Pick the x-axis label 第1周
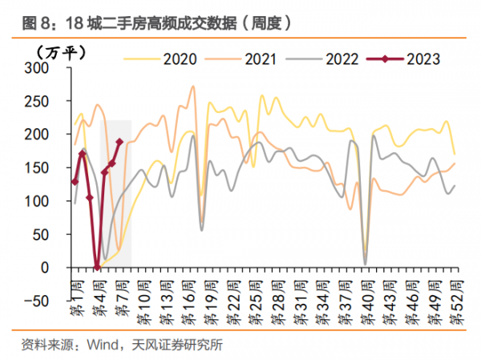tap(73, 299)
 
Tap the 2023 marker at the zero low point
tap(97, 267)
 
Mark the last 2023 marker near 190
tap(119, 142)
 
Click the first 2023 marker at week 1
tap(75, 182)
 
